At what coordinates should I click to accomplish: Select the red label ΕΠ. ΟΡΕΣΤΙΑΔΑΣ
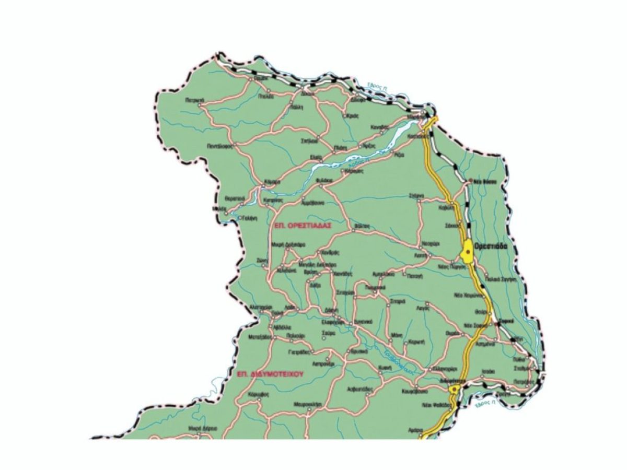tap(303, 224)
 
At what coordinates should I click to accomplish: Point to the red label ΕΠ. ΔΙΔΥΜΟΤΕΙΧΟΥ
tap(270, 374)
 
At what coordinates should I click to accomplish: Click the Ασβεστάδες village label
tap(359, 389)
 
